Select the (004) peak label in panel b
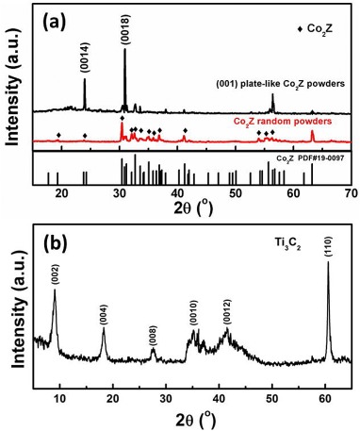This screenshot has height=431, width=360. (104, 313)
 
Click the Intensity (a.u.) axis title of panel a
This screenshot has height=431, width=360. (11, 94)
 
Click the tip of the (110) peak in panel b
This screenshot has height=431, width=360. (328, 262)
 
